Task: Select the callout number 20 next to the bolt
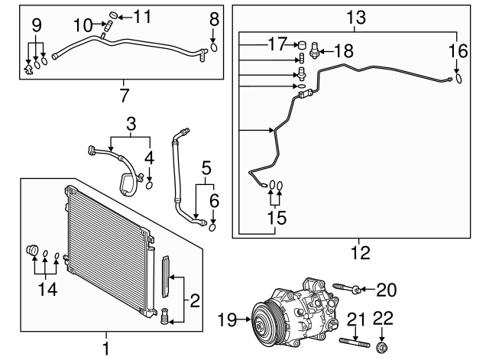(x=387, y=288)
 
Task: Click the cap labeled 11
(x=115, y=15)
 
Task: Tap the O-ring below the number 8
(x=214, y=46)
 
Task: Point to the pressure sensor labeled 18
(x=314, y=53)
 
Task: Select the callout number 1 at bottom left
(x=106, y=349)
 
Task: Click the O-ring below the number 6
(x=213, y=225)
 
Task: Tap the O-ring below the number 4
(x=150, y=184)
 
